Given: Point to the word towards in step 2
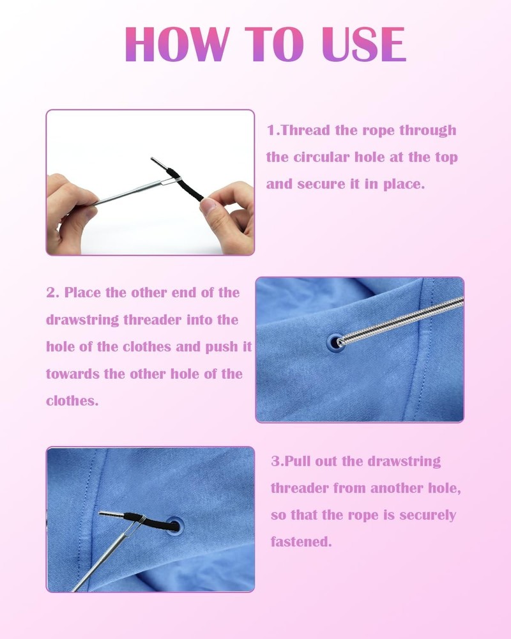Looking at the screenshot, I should (x=73, y=374).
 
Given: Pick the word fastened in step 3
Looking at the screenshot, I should (x=301, y=542).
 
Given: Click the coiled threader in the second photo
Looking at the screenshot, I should (x=402, y=319).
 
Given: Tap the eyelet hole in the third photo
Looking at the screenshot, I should (x=174, y=526).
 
